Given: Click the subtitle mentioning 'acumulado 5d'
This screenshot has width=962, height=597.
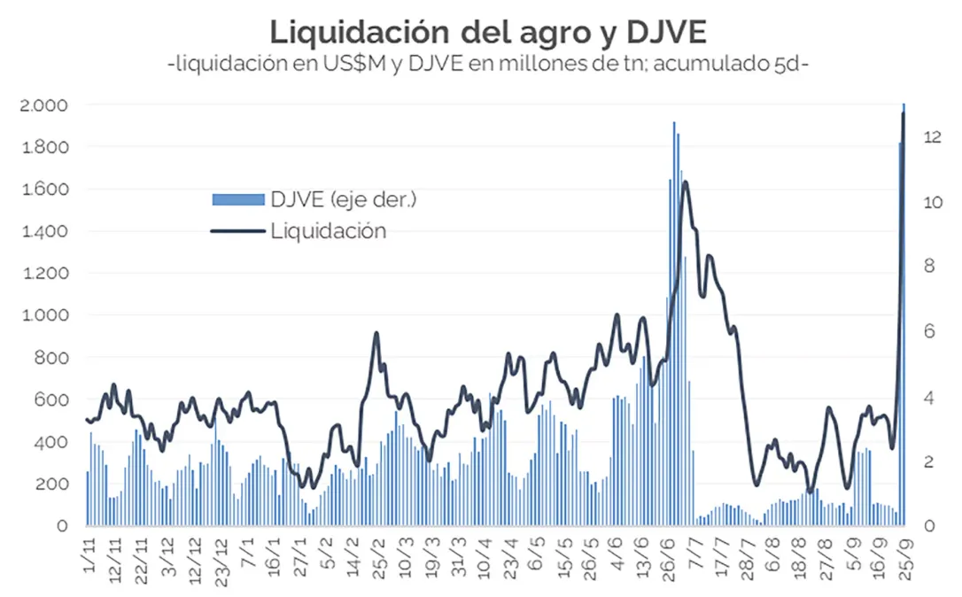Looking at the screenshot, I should pyautogui.click(x=488, y=66).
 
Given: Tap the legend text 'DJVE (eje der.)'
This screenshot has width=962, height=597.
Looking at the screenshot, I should pyautogui.click(x=344, y=199).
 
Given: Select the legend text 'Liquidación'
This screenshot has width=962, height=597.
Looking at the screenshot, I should pyautogui.click(x=328, y=231).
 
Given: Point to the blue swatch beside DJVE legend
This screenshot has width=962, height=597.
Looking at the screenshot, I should pyautogui.click(x=237, y=199).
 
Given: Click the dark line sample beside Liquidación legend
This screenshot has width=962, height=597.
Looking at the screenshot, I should pyautogui.click(x=237, y=231).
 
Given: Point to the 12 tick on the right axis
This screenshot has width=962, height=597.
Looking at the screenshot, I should pyautogui.click(x=930, y=136).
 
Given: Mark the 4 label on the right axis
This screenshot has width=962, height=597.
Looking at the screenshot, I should pyautogui.click(x=927, y=396).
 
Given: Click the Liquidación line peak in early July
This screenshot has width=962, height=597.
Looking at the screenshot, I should pyautogui.click(x=685, y=182).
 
